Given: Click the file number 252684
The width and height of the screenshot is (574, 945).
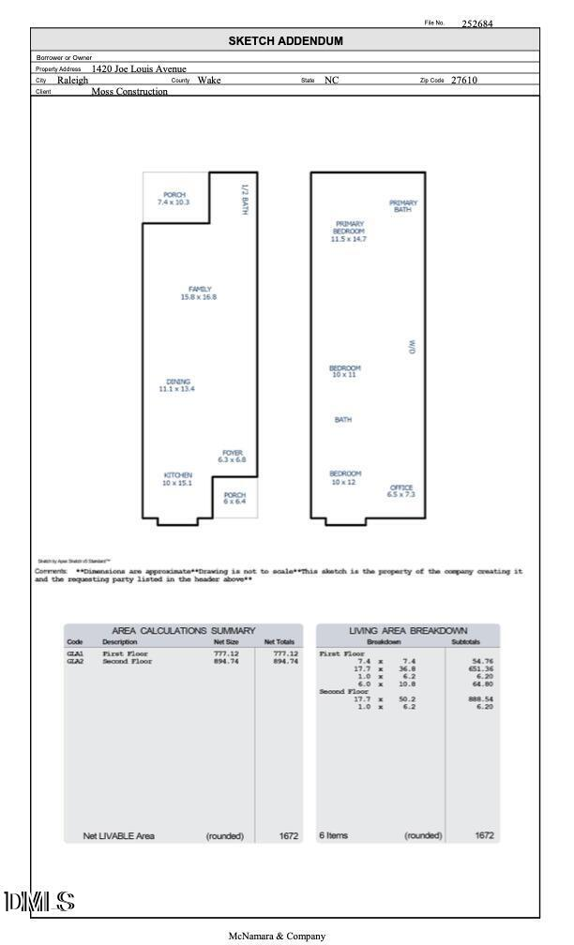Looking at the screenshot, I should pyautogui.click(x=476, y=24).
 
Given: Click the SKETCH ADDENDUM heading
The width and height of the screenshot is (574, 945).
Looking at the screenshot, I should pyautogui.click(x=286, y=41).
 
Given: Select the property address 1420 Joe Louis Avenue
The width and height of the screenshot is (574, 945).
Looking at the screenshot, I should pyautogui.click(x=139, y=68).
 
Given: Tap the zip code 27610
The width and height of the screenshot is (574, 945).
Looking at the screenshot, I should pyautogui.click(x=464, y=81).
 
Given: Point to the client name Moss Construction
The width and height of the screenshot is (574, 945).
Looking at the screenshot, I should pyautogui.click(x=129, y=92).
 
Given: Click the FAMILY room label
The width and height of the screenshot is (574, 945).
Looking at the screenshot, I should pyautogui.click(x=199, y=293).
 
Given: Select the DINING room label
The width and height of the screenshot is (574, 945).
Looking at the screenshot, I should pyautogui.click(x=178, y=384).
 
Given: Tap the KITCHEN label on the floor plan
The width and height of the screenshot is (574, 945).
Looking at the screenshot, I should pyautogui.click(x=178, y=479).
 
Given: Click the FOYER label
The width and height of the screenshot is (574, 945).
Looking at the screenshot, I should pyautogui.click(x=233, y=457).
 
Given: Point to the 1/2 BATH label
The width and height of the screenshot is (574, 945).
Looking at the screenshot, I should pyautogui.click(x=245, y=199).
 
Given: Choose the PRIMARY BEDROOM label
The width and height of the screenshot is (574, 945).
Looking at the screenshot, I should pyautogui.click(x=348, y=231).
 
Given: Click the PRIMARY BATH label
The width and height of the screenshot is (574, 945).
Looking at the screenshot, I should pyautogui.click(x=403, y=206).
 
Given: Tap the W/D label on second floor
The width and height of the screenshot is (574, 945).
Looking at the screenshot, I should pyautogui.click(x=411, y=347).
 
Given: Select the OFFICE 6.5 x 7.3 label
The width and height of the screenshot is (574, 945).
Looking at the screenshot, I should pyautogui.click(x=400, y=490).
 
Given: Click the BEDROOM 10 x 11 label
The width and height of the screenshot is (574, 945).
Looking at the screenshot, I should pyautogui.click(x=344, y=371).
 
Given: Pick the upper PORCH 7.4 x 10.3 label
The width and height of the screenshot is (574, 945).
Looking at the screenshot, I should pyautogui.click(x=174, y=199).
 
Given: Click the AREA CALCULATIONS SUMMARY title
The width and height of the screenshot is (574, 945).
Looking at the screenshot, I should pyautogui.click(x=184, y=632).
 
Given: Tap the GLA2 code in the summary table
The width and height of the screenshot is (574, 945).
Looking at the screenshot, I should pyautogui.click(x=75, y=662).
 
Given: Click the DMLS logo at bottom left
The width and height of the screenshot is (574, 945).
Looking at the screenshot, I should pyautogui.click(x=39, y=903).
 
